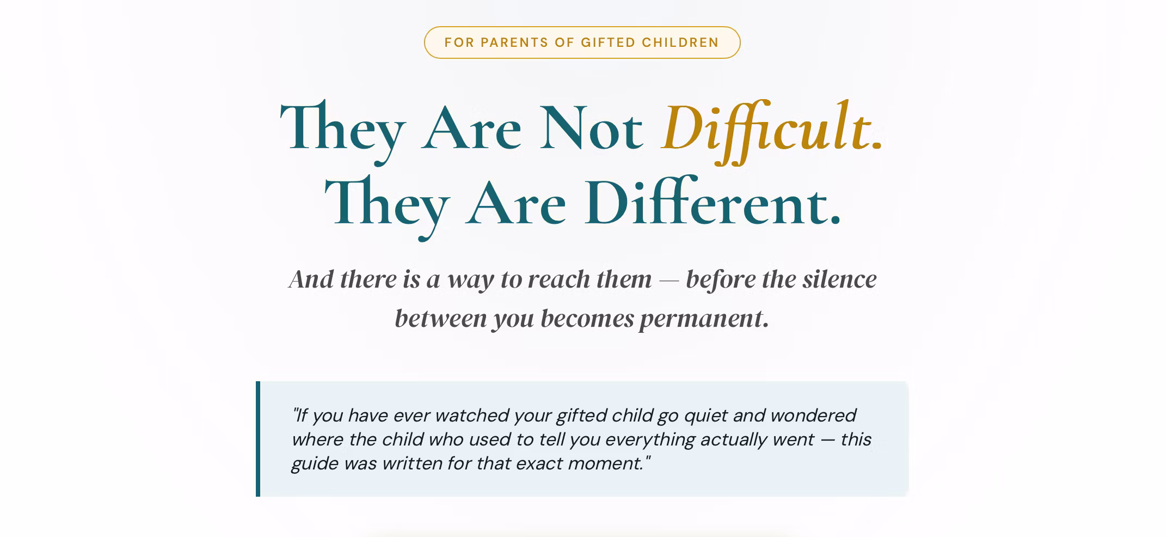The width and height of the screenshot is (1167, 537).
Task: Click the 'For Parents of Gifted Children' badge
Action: pos(582,42)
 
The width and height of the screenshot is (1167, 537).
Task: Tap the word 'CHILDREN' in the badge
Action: pos(680,42)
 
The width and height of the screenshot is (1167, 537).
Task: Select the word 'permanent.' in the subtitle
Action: pos(704,319)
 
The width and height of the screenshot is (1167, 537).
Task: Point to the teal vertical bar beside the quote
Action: pos(258,439)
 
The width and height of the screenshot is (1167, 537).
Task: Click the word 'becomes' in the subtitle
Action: pos(587,319)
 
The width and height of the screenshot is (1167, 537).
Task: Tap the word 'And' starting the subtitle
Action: pos(311,279)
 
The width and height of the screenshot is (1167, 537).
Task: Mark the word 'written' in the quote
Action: pos(411,463)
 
